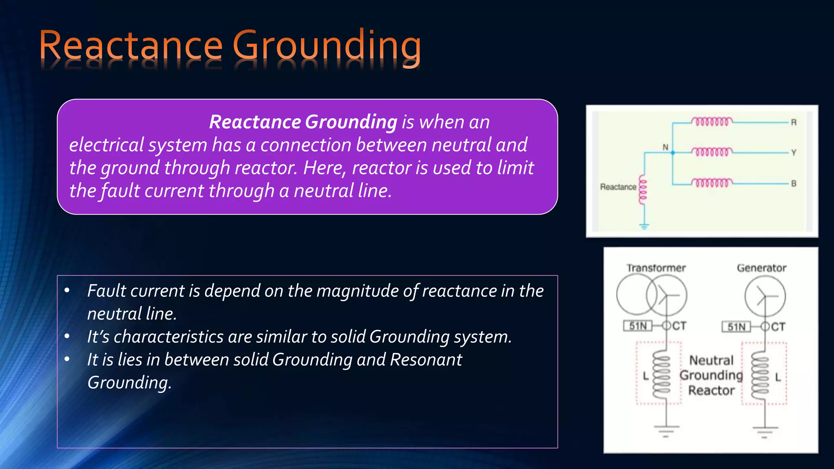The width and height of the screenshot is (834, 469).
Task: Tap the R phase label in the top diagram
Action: [x=794, y=122]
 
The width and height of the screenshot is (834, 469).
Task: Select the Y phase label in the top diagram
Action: [x=794, y=153]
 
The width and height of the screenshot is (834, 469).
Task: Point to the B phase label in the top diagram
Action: [x=794, y=184]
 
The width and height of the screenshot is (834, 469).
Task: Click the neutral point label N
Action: [x=665, y=147]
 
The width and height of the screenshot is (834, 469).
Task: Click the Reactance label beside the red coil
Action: [x=618, y=187]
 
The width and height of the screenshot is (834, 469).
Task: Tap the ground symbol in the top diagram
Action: [x=644, y=226]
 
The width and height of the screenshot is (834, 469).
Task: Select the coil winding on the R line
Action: [x=712, y=121]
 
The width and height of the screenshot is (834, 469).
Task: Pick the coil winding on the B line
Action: [x=712, y=183]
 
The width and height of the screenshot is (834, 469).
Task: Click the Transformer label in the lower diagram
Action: [x=656, y=268]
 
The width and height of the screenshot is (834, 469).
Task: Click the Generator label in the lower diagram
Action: [x=762, y=268]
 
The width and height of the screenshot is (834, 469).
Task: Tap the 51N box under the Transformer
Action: [x=638, y=326]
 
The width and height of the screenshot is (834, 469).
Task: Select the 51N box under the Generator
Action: [x=736, y=327]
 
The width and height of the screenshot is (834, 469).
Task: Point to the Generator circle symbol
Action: [x=765, y=296]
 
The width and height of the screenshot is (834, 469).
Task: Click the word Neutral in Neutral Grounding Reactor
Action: [x=711, y=360]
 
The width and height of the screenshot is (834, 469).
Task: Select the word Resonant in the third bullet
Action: [x=426, y=359]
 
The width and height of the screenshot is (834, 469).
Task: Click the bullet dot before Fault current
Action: [x=67, y=291]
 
